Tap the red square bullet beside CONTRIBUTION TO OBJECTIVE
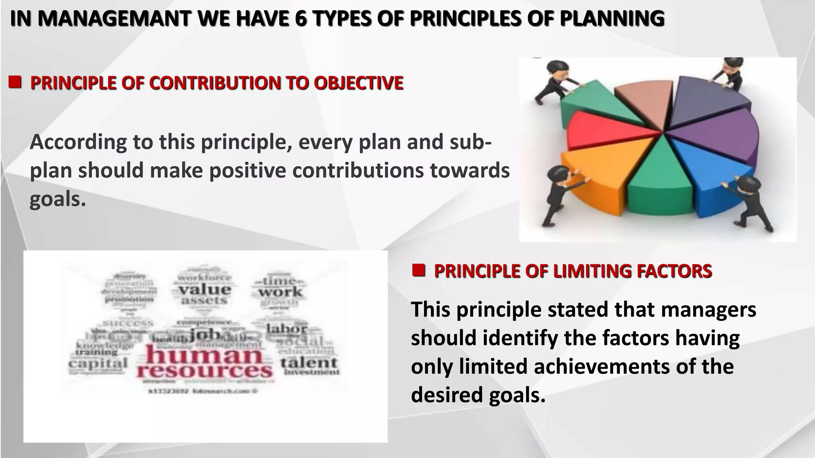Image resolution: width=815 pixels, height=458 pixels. click(15, 82)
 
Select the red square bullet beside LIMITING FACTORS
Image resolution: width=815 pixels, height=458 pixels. click(419, 270)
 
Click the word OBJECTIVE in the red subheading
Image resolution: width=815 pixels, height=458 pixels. click(358, 83)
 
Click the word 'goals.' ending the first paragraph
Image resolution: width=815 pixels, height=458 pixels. click(58, 199)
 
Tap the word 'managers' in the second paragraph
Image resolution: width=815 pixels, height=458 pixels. click(708, 310)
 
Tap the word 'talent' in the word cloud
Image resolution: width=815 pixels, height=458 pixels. click(309, 363)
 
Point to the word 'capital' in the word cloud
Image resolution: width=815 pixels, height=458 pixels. click(98, 363)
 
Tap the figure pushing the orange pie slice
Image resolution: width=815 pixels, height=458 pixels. click(557, 195)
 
